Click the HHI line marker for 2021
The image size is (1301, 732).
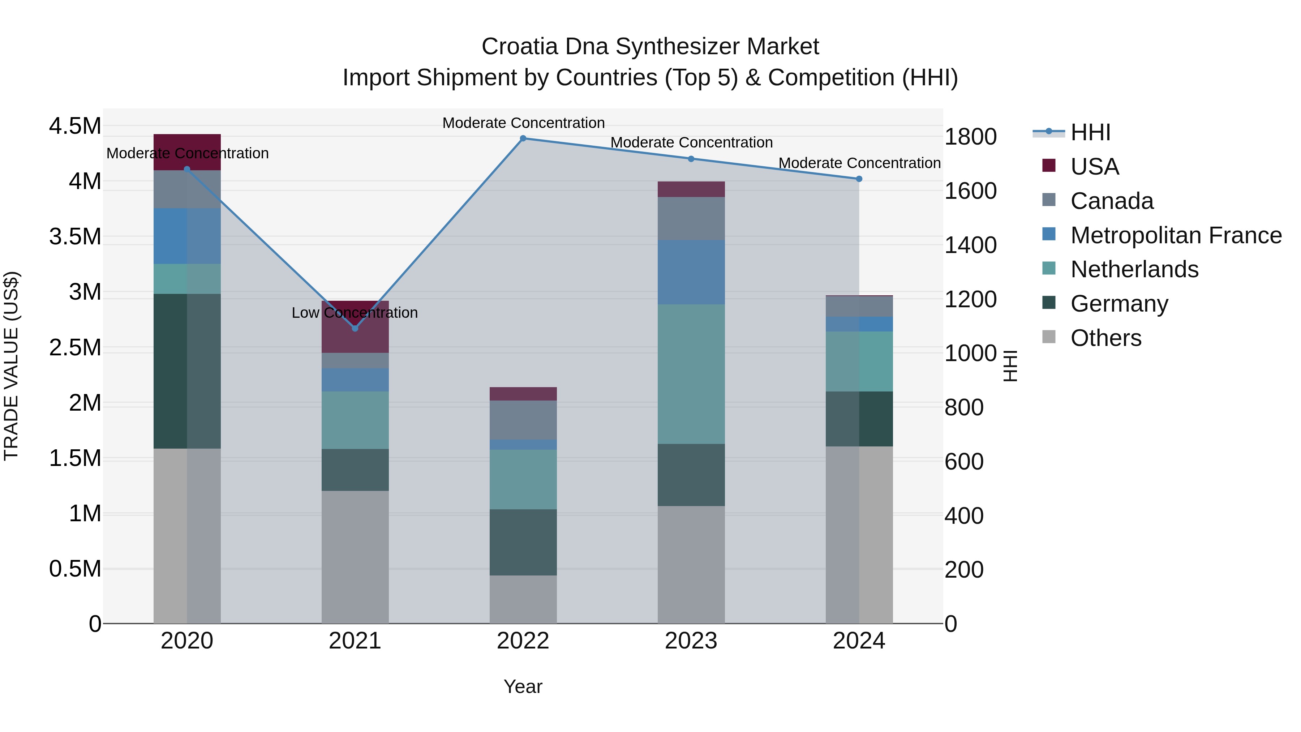click(x=355, y=328)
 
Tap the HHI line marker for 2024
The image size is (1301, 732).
click(x=859, y=179)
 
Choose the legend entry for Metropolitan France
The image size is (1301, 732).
click(x=1175, y=235)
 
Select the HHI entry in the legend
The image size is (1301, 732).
click(x=1090, y=132)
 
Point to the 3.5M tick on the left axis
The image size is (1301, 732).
click(x=75, y=237)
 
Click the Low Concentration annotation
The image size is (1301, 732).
click(x=355, y=313)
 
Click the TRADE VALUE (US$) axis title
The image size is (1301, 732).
click(x=11, y=366)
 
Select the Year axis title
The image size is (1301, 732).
click(x=523, y=686)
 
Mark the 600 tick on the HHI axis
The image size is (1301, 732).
click(x=963, y=461)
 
